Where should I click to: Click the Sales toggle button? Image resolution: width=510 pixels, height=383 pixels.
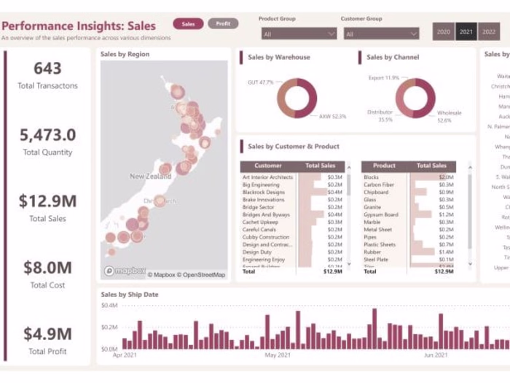point(188,24)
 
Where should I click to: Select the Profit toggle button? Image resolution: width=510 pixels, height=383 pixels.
point(223,24)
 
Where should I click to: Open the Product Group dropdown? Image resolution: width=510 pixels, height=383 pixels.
point(299,34)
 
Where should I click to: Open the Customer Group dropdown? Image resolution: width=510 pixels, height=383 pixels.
point(381,34)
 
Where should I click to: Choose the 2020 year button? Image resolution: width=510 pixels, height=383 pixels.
point(443,32)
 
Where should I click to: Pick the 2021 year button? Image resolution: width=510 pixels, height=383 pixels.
point(466,32)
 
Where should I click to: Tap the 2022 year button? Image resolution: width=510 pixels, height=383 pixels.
point(489,32)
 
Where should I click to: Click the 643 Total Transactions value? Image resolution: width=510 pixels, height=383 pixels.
point(47,69)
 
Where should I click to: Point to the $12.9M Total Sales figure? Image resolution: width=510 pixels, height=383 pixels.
point(47,201)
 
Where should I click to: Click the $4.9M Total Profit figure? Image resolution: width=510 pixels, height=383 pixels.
point(47,334)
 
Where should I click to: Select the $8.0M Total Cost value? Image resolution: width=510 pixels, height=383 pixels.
point(47,268)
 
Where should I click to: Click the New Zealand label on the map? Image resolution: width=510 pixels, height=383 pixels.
point(150,177)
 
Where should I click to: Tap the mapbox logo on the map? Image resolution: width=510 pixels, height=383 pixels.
point(125,271)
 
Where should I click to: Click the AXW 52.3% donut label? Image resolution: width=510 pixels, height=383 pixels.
point(332,116)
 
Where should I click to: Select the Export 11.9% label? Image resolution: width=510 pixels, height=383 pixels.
point(383,77)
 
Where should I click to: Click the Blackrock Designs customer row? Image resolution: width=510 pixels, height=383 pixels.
point(264,192)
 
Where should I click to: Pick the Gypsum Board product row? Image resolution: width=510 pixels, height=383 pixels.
point(381,214)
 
